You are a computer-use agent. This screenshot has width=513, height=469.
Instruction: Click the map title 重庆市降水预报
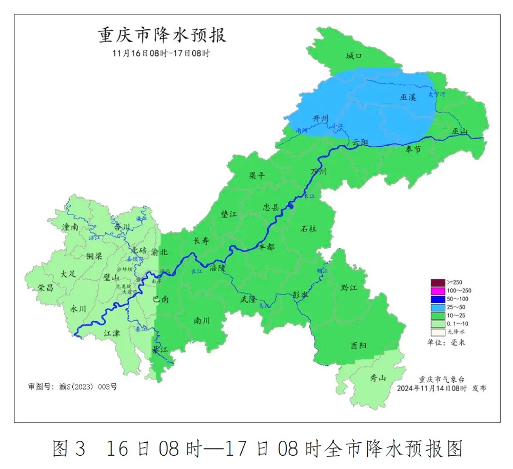(x=162, y=36)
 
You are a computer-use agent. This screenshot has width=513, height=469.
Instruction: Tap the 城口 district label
(x=354, y=56)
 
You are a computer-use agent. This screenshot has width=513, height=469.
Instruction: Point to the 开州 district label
(x=321, y=119)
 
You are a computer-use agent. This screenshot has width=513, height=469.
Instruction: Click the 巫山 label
(x=460, y=131)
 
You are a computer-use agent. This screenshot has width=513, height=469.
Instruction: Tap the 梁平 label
(x=257, y=175)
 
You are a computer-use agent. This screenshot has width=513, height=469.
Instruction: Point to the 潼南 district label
(x=70, y=226)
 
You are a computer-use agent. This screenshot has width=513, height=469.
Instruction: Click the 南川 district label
(x=202, y=321)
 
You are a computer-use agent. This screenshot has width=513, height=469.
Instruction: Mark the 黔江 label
(x=349, y=288)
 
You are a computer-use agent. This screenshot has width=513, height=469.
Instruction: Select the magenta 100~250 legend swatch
(x=438, y=291)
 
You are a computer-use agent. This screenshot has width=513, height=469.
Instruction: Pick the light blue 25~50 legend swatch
(x=438, y=307)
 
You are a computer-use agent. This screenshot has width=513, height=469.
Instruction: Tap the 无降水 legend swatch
(x=438, y=332)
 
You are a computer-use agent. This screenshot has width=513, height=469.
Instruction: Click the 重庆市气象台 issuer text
(x=442, y=379)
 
